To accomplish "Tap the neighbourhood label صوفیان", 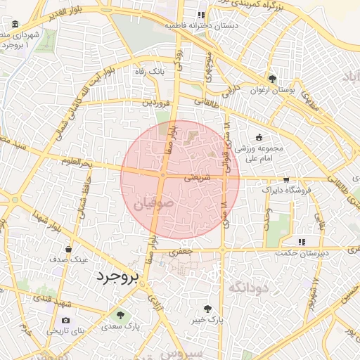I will [x=150, y=205].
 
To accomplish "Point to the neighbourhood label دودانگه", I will [x=250, y=286].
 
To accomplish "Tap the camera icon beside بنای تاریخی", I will [x=66, y=320].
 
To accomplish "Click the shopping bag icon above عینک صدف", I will [x=68, y=248].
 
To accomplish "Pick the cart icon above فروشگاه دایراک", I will [x=285, y=180].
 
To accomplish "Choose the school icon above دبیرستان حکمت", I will [x=301, y=242].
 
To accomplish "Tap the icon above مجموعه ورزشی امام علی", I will [x=259, y=136].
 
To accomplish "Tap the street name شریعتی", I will [x=197, y=179].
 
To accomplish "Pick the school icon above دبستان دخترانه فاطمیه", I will [x=201, y=14].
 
